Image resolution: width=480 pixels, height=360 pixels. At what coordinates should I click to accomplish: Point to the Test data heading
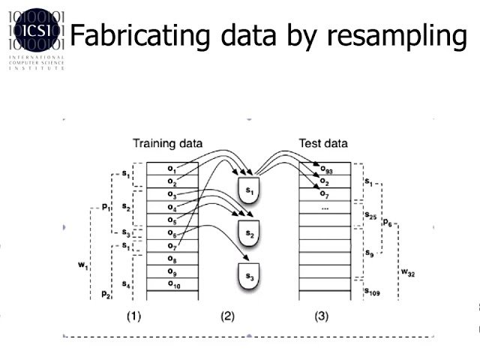click(323, 143)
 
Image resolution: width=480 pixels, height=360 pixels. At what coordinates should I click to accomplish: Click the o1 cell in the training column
click(172, 169)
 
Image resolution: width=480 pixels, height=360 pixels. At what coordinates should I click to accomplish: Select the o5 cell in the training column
click(172, 220)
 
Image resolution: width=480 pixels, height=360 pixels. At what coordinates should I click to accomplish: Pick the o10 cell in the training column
click(172, 284)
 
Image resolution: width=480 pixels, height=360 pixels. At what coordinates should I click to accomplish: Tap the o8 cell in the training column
click(172, 259)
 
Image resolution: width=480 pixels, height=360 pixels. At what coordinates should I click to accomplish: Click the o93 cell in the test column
click(327, 169)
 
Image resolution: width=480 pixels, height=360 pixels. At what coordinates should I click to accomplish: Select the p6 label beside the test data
click(387, 223)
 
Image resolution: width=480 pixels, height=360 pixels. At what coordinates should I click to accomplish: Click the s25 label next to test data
click(370, 215)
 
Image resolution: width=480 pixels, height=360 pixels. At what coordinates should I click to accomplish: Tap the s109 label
click(372, 292)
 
